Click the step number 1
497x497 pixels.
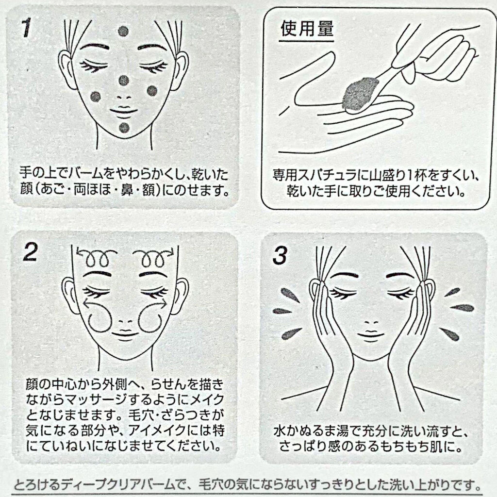coord(27,28)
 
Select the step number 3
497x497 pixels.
coord(280,255)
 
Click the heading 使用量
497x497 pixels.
coord(307,29)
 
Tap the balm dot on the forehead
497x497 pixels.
coord(123,32)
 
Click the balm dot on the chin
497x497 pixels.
coord(124,128)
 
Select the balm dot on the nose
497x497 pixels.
coord(124,81)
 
